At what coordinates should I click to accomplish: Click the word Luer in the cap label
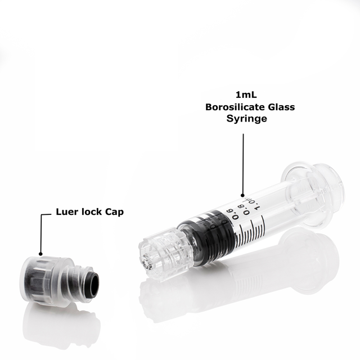tap(66, 212)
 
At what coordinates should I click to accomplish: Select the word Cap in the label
tap(113, 213)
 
